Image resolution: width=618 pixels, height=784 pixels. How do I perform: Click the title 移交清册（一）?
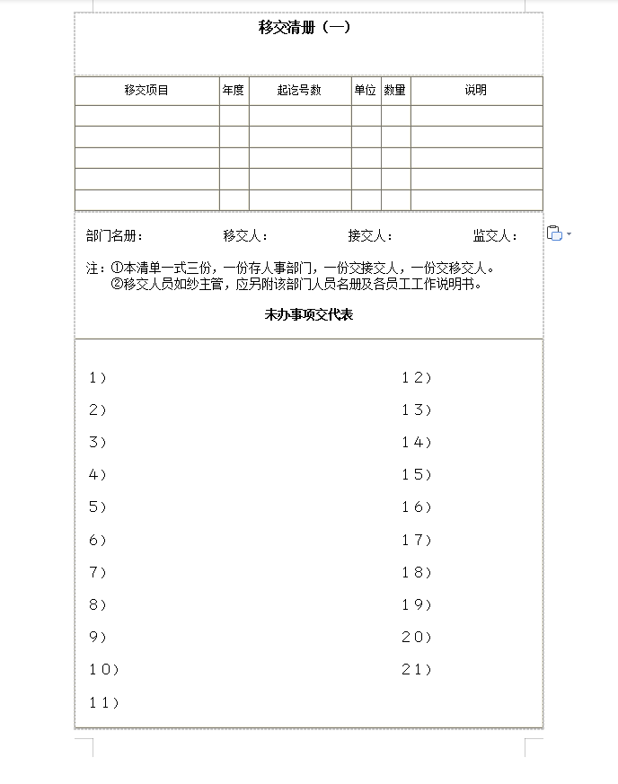pos(305,27)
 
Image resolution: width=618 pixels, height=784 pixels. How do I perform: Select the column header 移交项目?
pos(146,90)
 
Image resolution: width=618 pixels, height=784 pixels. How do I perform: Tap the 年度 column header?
pos(234,90)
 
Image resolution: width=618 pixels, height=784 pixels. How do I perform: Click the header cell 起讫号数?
pos(299,90)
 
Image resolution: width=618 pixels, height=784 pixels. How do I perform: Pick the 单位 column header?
pos(366,90)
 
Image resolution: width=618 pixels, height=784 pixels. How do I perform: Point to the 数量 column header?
pos(395,90)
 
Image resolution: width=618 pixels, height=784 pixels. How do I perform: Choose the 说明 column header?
pos(476,90)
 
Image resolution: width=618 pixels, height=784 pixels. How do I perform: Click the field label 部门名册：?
pos(114,236)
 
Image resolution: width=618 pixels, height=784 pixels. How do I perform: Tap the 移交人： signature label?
pos(245,236)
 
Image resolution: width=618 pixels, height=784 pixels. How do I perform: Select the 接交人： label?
pos(370,236)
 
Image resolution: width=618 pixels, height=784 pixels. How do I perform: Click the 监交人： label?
pos(495,236)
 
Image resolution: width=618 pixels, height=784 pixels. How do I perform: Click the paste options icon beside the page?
pos(555,233)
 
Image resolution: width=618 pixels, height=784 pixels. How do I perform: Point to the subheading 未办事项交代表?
pos(308,314)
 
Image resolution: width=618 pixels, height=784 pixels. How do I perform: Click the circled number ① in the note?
pos(117,269)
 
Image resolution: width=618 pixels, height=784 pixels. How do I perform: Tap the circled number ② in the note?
pos(117,285)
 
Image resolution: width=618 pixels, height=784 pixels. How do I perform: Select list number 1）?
pos(98,378)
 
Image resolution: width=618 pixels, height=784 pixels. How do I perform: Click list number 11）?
pos(103,702)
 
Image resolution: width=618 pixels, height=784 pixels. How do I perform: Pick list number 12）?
pos(417,378)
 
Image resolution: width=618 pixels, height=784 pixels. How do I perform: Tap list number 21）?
pos(417,670)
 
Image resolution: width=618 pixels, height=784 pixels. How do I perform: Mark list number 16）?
pos(417,507)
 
